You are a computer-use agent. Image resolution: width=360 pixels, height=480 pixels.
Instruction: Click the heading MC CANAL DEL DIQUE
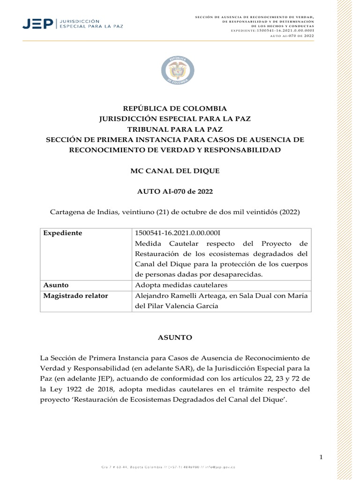[174, 171]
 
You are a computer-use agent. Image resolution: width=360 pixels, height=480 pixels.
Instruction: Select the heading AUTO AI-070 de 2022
[174, 192]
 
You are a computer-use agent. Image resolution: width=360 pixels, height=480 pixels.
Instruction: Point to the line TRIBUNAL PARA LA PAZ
[174, 129]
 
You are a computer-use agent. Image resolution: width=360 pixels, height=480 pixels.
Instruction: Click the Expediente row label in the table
[63, 233]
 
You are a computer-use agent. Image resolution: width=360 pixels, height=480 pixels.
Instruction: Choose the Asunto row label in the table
[56, 285]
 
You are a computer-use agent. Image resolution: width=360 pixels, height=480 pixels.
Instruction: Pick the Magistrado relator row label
[75, 296]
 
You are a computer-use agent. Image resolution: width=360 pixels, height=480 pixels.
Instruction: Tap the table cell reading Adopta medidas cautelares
[174, 285]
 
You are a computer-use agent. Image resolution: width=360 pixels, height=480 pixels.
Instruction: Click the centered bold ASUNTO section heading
[174, 337]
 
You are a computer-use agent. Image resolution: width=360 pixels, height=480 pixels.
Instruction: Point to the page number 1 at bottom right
[322, 457]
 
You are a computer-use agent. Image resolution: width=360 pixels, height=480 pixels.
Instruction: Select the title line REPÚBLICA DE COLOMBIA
[174, 108]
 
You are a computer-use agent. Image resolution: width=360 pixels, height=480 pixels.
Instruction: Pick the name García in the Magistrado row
[206, 306]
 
